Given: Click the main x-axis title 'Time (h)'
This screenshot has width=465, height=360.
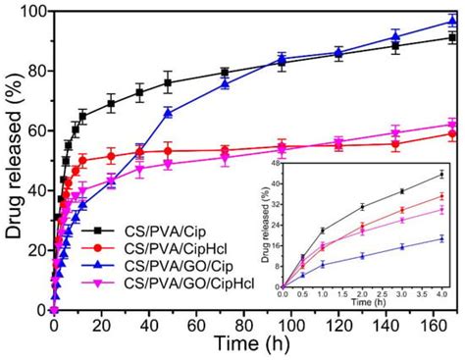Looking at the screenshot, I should (x=253, y=348).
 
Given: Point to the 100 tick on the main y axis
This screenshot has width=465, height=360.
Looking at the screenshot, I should (x=33, y=11).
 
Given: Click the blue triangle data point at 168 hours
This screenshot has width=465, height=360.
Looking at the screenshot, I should (x=451, y=21).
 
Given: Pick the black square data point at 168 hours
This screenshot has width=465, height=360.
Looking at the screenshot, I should (x=451, y=37).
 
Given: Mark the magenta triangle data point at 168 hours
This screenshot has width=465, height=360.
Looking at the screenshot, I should (x=451, y=125).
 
